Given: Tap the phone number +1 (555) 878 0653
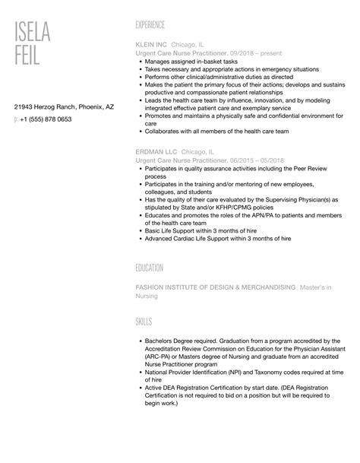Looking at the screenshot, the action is [46, 119].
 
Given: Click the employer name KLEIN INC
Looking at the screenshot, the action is [150, 44].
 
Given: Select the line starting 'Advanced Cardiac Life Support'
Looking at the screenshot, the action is [206, 239].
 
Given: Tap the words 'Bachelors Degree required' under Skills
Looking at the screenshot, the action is [183, 341].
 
